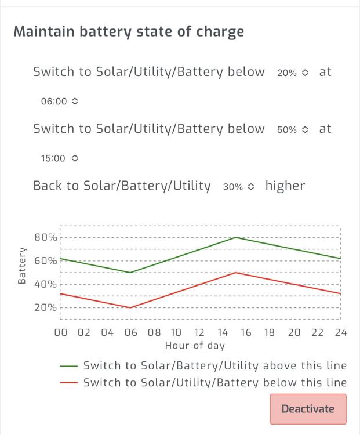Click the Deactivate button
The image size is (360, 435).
tap(308, 409)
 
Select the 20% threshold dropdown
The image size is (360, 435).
tap(293, 72)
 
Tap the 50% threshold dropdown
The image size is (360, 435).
tap(293, 129)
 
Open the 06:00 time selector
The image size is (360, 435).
tap(59, 101)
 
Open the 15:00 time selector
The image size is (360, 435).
tap(59, 158)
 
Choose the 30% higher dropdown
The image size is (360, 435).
tap(238, 187)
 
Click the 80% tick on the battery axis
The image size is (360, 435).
tap(46, 237)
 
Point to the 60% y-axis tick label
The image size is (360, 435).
tap(46, 260)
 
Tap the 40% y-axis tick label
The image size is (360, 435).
tap(46, 284)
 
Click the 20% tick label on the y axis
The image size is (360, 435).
tap(46, 307)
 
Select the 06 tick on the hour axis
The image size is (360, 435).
tap(130, 332)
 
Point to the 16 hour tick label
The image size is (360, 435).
tap(246, 332)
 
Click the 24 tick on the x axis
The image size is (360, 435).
tap(341, 332)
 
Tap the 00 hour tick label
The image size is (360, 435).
tap(61, 332)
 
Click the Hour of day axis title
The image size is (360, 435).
tap(195, 346)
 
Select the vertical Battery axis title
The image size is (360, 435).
tap(21, 266)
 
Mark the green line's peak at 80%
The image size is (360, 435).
tap(236, 237)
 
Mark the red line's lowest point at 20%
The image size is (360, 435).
tap(130, 307)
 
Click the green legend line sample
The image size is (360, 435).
tap(69, 366)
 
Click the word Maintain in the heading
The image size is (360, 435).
tap(44, 31)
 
